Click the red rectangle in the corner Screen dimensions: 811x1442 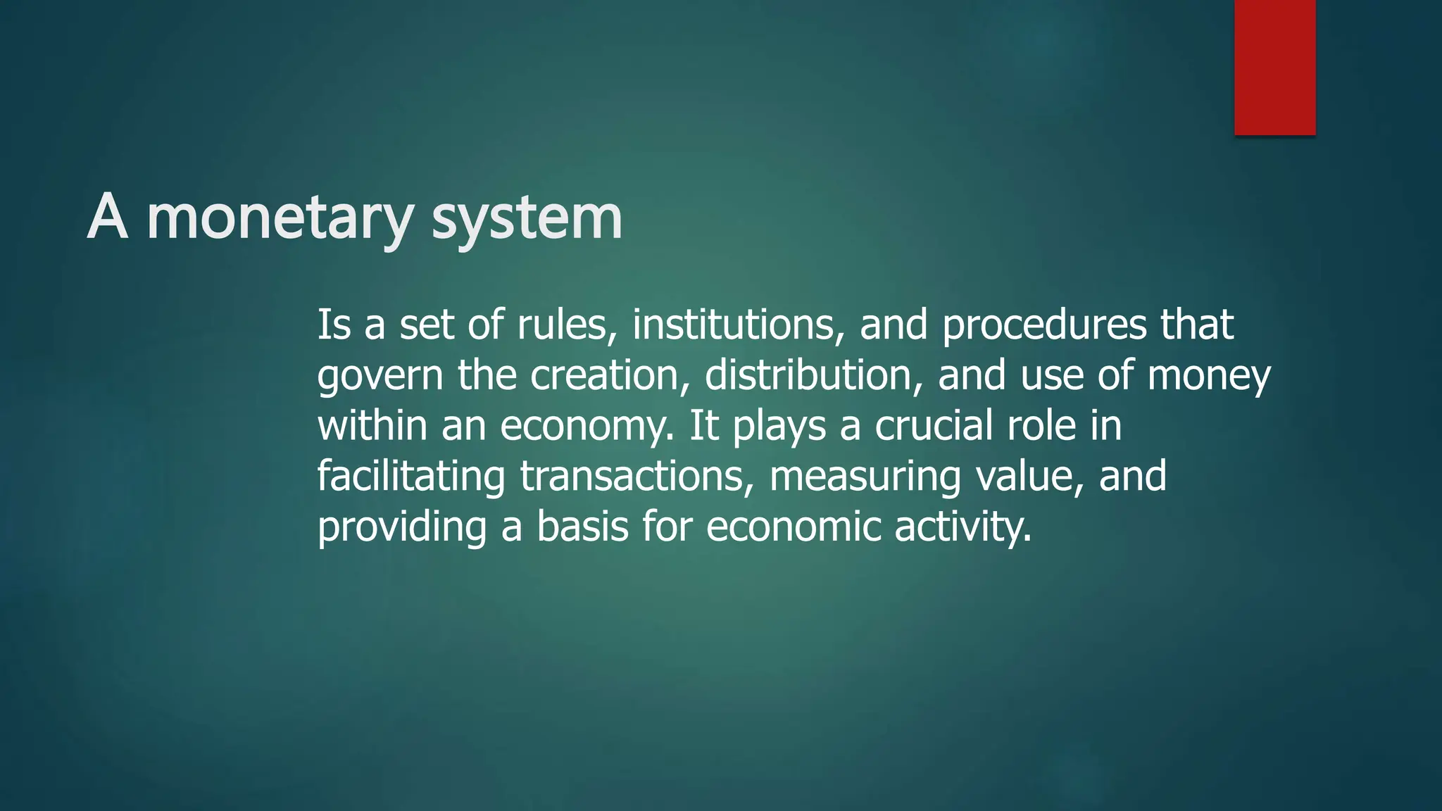1274,67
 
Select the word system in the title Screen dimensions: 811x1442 527,218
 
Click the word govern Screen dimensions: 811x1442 380,377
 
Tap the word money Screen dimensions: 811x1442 1208,377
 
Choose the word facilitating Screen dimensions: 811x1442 410,477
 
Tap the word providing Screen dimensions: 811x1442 401,528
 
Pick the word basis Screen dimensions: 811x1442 582,528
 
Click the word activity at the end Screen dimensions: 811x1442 963,528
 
